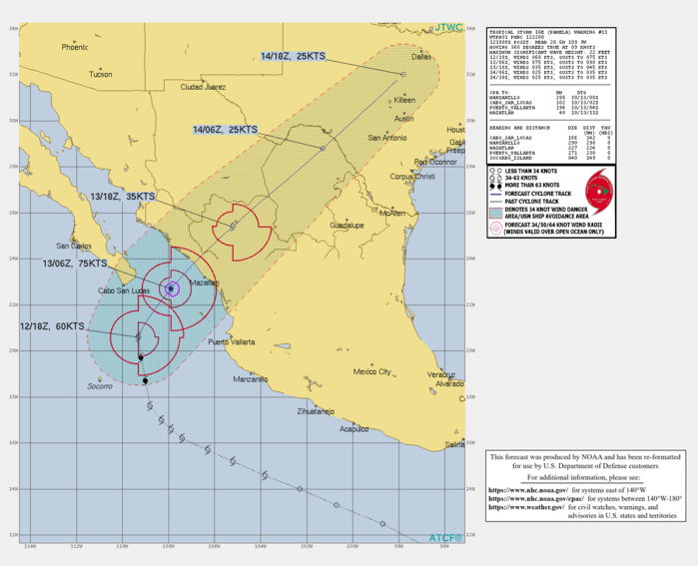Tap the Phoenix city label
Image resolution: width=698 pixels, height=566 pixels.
click(x=74, y=47)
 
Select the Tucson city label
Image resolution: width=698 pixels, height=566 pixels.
click(x=100, y=74)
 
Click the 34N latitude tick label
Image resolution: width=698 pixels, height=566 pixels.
click(x=12, y=29)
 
